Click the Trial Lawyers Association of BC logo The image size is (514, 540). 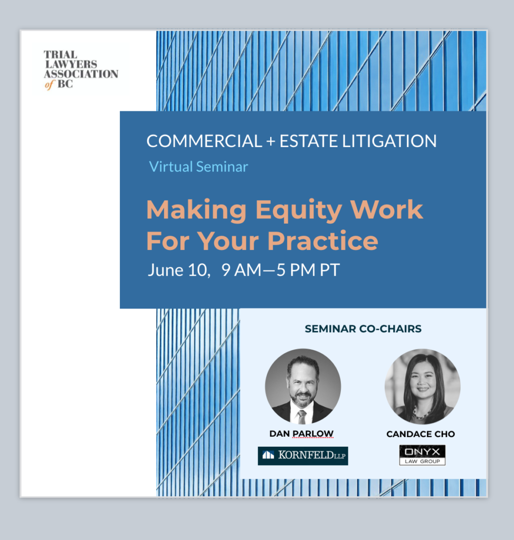[x=81, y=70]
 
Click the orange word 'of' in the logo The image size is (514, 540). [x=50, y=84]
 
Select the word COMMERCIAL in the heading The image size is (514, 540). [x=204, y=141]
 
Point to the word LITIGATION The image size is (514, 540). [x=389, y=141]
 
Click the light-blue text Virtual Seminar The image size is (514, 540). [x=198, y=167]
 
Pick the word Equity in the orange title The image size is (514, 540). [x=299, y=210]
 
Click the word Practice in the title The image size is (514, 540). [x=322, y=240]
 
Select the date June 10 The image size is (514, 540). [x=179, y=270]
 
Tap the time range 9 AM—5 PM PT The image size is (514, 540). [x=281, y=270]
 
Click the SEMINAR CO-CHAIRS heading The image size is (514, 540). [x=363, y=329]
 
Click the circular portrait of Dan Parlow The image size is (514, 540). [x=303, y=386]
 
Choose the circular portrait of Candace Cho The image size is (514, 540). [x=422, y=387]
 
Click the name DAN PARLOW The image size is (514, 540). [x=301, y=433]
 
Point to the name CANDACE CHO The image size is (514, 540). [x=421, y=434]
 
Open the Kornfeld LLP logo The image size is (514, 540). [x=303, y=456]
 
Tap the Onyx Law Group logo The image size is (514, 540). [x=422, y=455]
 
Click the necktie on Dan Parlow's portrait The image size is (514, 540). [x=302, y=417]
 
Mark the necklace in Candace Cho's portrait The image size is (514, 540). [x=420, y=413]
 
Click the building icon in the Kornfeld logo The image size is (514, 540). [x=268, y=455]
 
